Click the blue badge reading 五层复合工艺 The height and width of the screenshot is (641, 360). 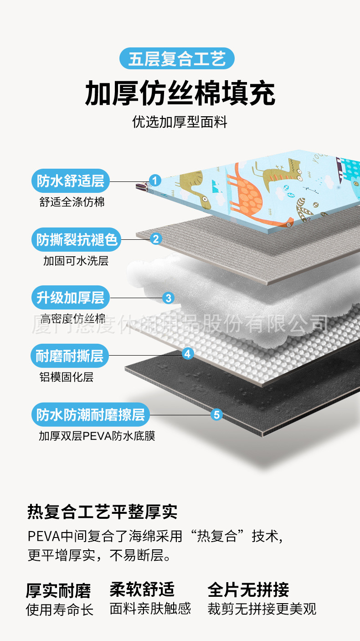[177, 59]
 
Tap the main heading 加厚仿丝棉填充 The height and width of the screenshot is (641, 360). [180, 93]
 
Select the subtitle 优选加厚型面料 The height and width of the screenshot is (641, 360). [180, 122]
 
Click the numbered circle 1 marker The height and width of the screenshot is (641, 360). [155, 181]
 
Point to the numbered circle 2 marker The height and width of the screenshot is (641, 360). [156, 238]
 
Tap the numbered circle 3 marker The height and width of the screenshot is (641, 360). [168, 298]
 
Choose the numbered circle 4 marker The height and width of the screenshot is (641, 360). [188, 353]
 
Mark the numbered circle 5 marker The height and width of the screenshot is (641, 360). [216, 414]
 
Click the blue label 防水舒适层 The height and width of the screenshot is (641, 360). [71, 181]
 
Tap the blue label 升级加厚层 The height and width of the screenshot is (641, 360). [71, 298]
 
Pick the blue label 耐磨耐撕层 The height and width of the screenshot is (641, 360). [70, 356]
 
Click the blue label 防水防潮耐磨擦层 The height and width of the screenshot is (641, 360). [91, 415]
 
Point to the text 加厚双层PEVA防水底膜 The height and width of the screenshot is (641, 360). [97, 436]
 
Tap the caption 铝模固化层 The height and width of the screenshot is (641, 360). [66, 377]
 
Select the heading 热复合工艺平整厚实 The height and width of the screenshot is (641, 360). [103, 512]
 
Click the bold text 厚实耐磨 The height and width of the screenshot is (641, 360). [58, 590]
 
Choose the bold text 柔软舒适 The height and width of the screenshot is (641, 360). [142, 589]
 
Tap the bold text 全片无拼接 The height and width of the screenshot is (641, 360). [248, 589]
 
